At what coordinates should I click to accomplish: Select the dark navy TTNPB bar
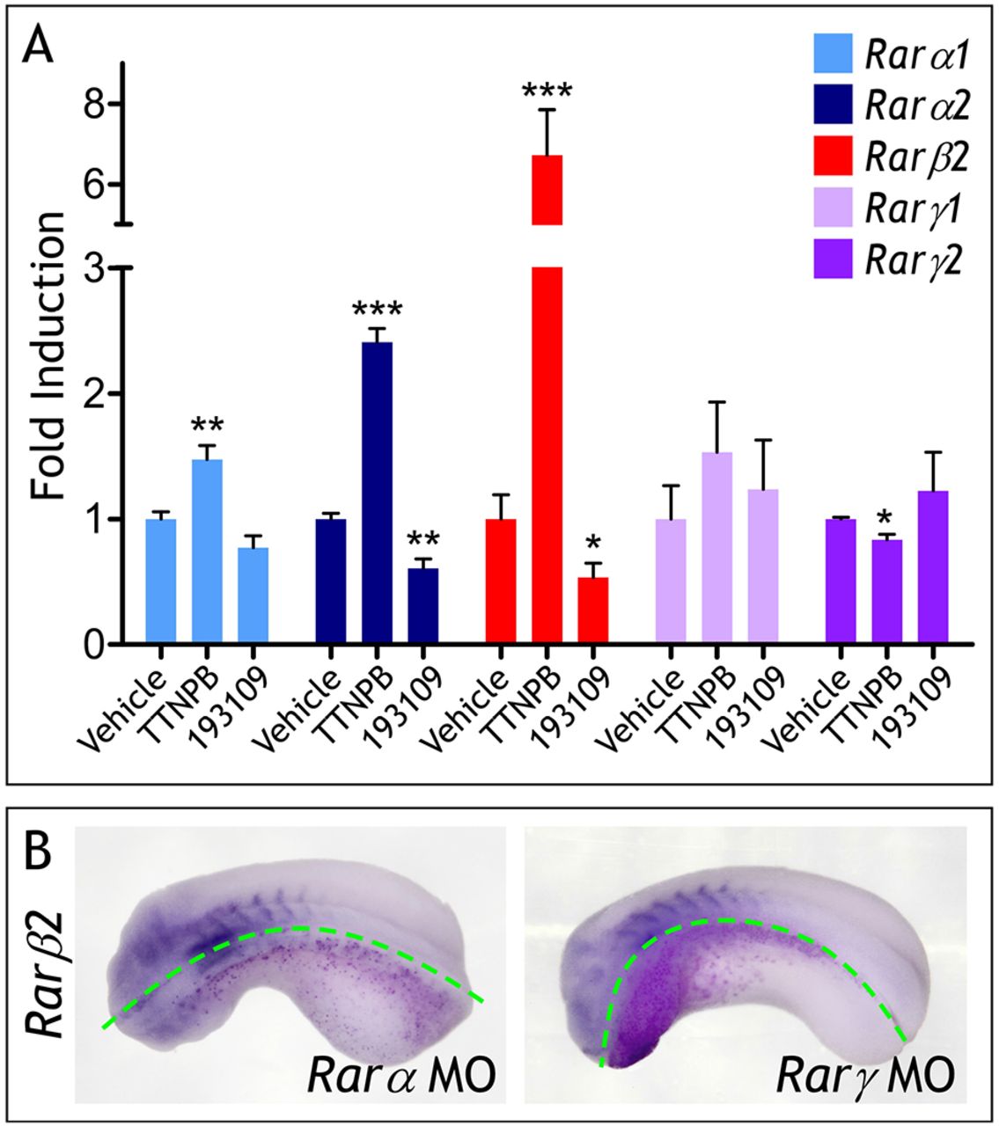point(377,493)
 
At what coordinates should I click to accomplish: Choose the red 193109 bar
point(591,611)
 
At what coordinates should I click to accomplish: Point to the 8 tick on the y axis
point(93,104)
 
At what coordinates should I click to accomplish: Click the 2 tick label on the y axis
point(93,393)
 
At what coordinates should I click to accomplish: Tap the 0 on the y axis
point(93,645)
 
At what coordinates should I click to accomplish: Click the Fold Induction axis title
point(50,356)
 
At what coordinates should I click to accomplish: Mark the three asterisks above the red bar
point(547,91)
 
